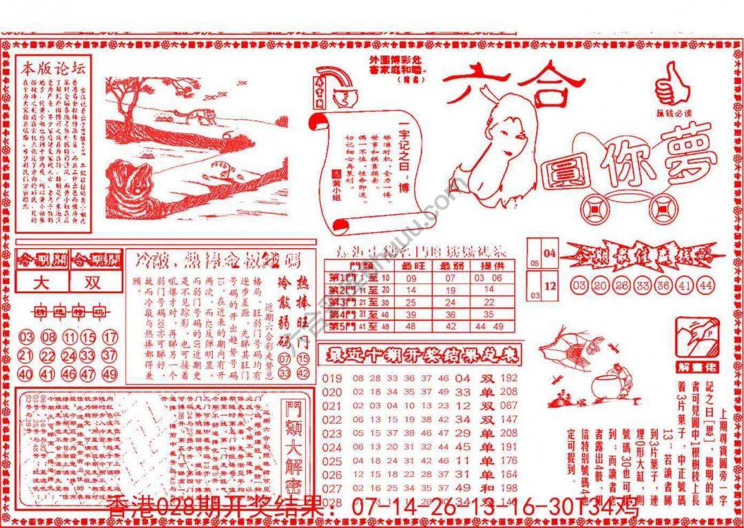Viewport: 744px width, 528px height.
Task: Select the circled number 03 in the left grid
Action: pos(26,338)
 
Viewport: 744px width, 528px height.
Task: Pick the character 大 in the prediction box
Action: pos(42,283)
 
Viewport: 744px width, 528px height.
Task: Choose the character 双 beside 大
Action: pos(94,283)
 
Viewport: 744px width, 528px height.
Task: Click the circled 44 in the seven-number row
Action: pos(705,284)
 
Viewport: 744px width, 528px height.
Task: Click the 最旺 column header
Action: pos(413,266)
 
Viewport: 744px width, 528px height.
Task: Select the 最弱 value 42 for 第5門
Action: pos(451,327)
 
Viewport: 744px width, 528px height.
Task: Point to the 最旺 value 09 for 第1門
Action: pos(413,278)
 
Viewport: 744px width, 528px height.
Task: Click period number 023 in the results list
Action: pos(332,434)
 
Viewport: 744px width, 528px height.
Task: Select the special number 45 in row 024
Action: pos(463,447)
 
